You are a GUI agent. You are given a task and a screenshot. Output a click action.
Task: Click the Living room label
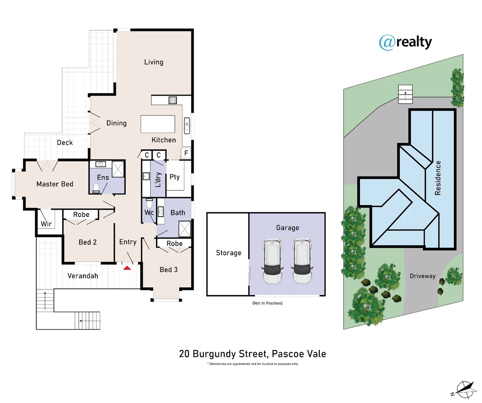tap(154, 62)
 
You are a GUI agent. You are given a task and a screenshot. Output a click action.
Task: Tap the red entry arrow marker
tap(127, 268)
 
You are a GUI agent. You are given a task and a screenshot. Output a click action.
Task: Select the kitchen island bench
tap(158, 124)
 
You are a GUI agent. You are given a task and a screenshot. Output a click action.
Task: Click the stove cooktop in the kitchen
tap(172, 100)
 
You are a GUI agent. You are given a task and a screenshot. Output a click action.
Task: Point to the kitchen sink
tap(187, 125)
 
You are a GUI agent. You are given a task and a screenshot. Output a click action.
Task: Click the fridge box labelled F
tap(186, 153)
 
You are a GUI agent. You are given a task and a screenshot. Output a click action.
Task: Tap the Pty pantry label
tap(174, 177)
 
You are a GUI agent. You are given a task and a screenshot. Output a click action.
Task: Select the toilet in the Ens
tap(96, 188)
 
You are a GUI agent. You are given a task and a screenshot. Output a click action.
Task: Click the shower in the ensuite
tap(118, 169)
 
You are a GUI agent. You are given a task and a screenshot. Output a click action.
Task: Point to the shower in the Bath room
tap(184, 229)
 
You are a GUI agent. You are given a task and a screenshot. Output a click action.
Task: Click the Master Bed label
tap(55, 184)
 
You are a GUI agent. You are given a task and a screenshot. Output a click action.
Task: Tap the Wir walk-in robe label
tap(46, 224)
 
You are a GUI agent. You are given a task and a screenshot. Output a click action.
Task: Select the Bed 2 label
tap(88, 242)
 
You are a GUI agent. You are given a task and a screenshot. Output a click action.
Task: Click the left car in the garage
tap(272, 261)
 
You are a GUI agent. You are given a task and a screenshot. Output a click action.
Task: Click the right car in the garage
tap(302, 261)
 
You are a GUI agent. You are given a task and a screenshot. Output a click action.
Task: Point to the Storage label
tap(228, 253)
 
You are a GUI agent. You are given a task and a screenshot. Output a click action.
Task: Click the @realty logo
tap(405, 42)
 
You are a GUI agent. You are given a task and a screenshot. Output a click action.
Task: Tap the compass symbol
tap(464, 390)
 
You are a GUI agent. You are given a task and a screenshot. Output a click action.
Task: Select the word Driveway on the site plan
tap(423, 276)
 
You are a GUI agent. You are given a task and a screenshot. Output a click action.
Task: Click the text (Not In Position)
tap(267, 303)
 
